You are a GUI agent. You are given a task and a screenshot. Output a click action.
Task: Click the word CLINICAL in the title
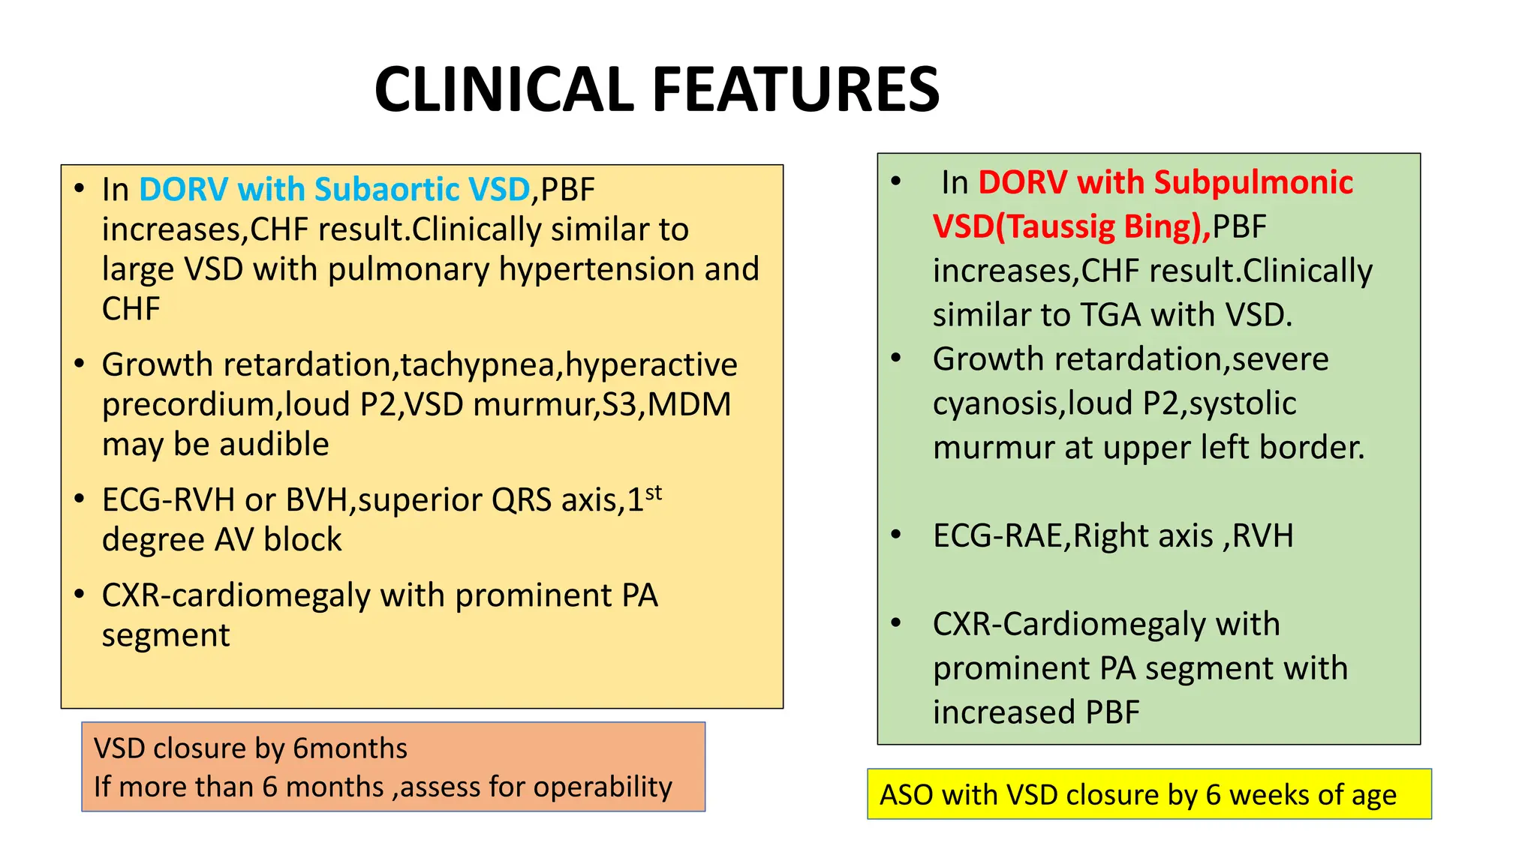504,90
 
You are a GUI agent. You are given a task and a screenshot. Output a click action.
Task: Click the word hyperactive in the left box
651,365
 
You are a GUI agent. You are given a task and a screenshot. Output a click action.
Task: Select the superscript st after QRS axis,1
654,493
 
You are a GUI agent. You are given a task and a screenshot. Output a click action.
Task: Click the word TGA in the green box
1111,315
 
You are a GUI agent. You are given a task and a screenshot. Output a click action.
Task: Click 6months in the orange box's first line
350,748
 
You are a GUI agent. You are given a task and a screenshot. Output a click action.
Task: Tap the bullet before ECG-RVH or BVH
80,499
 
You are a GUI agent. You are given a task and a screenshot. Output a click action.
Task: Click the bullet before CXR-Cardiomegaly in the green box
895,623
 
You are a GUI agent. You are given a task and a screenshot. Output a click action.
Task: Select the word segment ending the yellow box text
166,636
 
